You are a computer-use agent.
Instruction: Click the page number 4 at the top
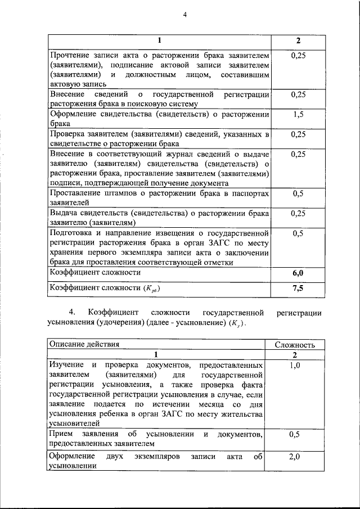pos(184,15)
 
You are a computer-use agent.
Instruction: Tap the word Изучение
pos(65,366)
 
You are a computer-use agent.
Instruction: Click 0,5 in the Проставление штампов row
pos(299,193)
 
